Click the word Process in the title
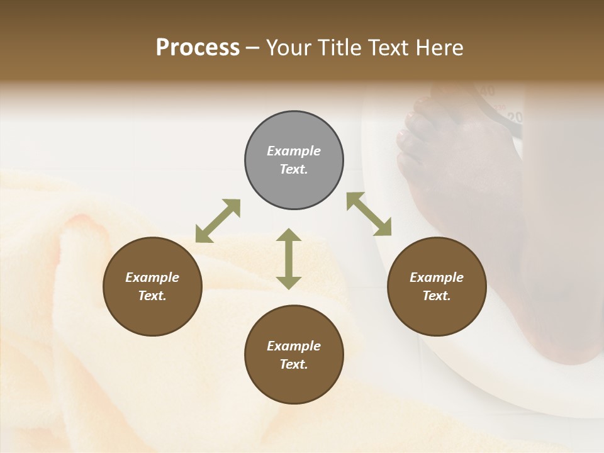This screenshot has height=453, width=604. [x=198, y=48]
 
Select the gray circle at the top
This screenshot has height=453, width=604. [x=294, y=160]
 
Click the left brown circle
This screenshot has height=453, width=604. [x=152, y=286]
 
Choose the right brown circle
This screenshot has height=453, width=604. [x=437, y=286]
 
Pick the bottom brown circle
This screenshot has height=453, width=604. [x=294, y=355]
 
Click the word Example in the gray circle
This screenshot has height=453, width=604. [x=294, y=151]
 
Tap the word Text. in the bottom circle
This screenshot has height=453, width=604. [x=294, y=364]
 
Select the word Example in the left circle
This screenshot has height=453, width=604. [x=152, y=277]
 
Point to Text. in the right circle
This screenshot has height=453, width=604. [x=437, y=296]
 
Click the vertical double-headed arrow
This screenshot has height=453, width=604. [x=289, y=259]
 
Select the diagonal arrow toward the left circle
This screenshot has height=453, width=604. [x=218, y=221]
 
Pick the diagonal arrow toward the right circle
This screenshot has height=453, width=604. [x=369, y=214]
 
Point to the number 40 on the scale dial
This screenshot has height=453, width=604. [x=488, y=91]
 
